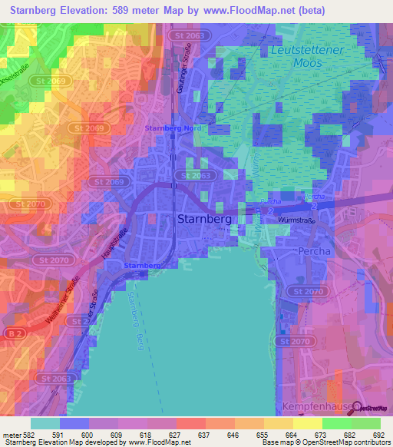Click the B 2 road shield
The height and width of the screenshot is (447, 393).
click(x=13, y=333)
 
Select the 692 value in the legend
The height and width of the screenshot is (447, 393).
click(x=376, y=435)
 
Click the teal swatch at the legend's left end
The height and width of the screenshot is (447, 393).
click(x=45, y=422)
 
